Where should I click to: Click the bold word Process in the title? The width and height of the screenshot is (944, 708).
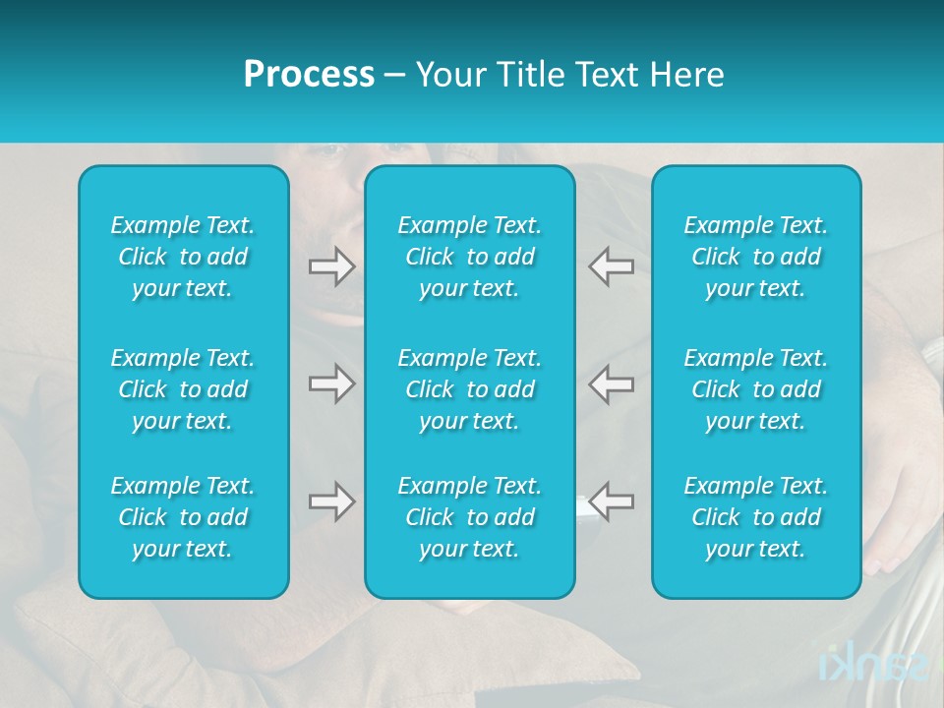pyautogui.click(x=309, y=75)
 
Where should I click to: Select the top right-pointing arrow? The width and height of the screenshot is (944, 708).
pyautogui.click(x=331, y=266)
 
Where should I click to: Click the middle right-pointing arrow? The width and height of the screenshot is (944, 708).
pyautogui.click(x=331, y=383)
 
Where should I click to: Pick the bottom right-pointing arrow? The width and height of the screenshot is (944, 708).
pyautogui.click(x=331, y=501)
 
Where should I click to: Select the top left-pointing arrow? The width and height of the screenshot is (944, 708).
pyautogui.click(x=612, y=266)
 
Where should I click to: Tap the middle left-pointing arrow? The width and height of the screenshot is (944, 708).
pyautogui.click(x=612, y=383)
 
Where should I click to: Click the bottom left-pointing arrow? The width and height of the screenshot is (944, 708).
pyautogui.click(x=612, y=501)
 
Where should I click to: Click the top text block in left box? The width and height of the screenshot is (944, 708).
pyautogui.click(x=183, y=257)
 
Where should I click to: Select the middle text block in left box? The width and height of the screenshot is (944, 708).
pyautogui.click(x=183, y=389)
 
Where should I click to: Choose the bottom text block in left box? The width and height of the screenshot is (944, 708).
pyautogui.click(x=183, y=517)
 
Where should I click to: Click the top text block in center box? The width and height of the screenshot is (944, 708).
pyautogui.click(x=469, y=257)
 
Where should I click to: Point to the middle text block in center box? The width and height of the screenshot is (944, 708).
pyautogui.click(x=469, y=389)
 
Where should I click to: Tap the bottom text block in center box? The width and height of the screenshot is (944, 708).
pyautogui.click(x=469, y=517)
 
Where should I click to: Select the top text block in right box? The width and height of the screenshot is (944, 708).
pyautogui.click(x=755, y=257)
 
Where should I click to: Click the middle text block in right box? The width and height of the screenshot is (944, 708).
pyautogui.click(x=755, y=389)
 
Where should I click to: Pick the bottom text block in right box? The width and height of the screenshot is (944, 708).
pyautogui.click(x=755, y=517)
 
